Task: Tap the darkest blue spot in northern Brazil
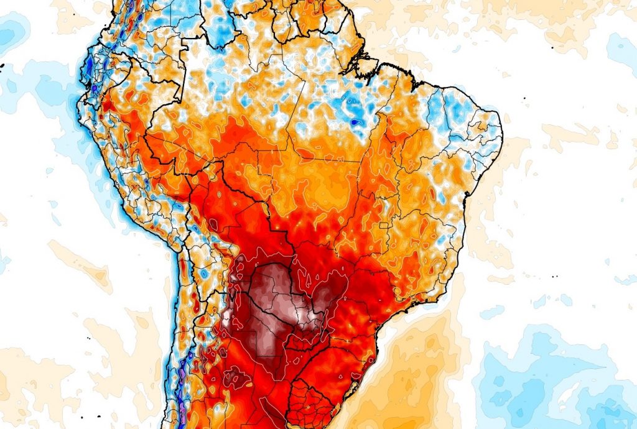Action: click(x=355, y=123)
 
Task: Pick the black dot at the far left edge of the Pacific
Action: click(x=2, y=65)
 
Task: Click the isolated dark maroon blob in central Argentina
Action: click(x=237, y=376)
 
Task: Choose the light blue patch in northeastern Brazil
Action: click(x=457, y=109)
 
